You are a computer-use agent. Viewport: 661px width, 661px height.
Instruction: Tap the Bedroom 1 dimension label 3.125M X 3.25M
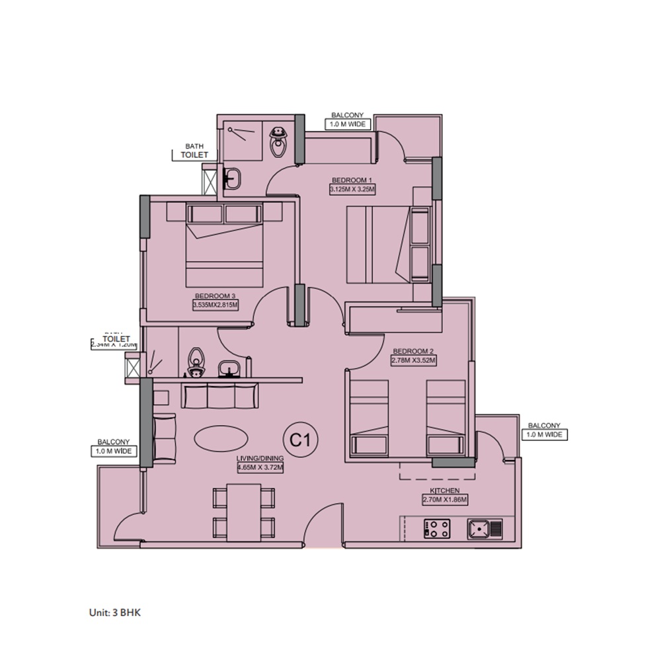352,189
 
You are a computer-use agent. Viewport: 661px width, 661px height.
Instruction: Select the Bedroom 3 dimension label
215,305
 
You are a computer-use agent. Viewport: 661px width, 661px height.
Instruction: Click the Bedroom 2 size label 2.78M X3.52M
414,360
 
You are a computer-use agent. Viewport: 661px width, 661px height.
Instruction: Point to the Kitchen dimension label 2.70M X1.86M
445,500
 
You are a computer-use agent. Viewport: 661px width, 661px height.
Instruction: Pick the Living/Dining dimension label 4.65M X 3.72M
260,467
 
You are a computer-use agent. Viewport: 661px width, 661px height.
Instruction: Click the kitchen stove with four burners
437,528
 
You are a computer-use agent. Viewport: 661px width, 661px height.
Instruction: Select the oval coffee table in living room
222,438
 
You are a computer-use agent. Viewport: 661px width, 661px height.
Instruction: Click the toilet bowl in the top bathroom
278,139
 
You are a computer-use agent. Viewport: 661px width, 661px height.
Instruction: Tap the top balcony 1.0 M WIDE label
348,124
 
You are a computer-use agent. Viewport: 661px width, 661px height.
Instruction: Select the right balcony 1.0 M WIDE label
544,434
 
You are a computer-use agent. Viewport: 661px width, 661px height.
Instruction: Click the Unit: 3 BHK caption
115,613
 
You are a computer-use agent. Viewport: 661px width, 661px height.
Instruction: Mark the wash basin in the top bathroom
232,177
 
